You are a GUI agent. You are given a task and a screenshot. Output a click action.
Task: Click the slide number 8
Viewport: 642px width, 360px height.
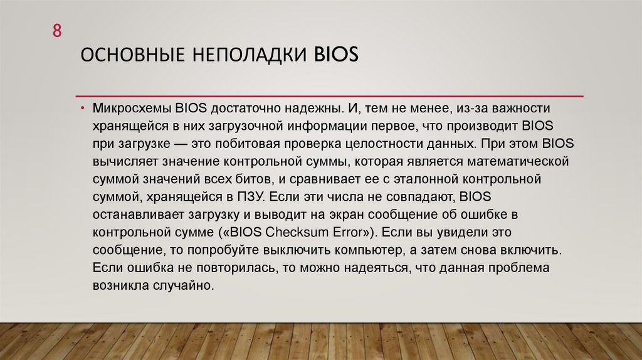click(x=56, y=31)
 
